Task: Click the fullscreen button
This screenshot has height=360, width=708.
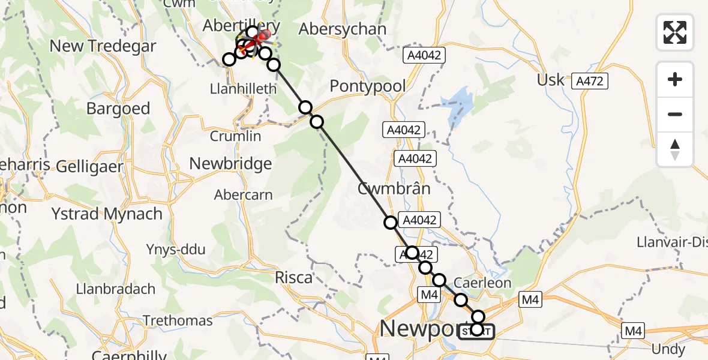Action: (x=675, y=32)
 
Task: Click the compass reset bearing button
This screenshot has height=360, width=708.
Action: (x=675, y=149)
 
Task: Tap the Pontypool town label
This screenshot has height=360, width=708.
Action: (x=368, y=86)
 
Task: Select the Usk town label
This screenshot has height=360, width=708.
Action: (x=551, y=79)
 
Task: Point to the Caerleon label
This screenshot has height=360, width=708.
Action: (x=482, y=283)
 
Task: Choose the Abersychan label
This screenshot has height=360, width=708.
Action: (x=342, y=29)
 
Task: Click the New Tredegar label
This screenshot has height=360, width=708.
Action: (x=103, y=46)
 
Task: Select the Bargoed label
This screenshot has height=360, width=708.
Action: (x=118, y=109)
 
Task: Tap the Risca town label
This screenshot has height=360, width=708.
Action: (x=293, y=277)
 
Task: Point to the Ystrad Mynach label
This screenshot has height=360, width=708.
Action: (x=107, y=214)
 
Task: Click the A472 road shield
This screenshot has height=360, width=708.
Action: (x=590, y=80)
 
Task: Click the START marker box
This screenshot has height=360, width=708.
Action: (x=476, y=332)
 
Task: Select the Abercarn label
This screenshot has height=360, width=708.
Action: (x=244, y=195)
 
